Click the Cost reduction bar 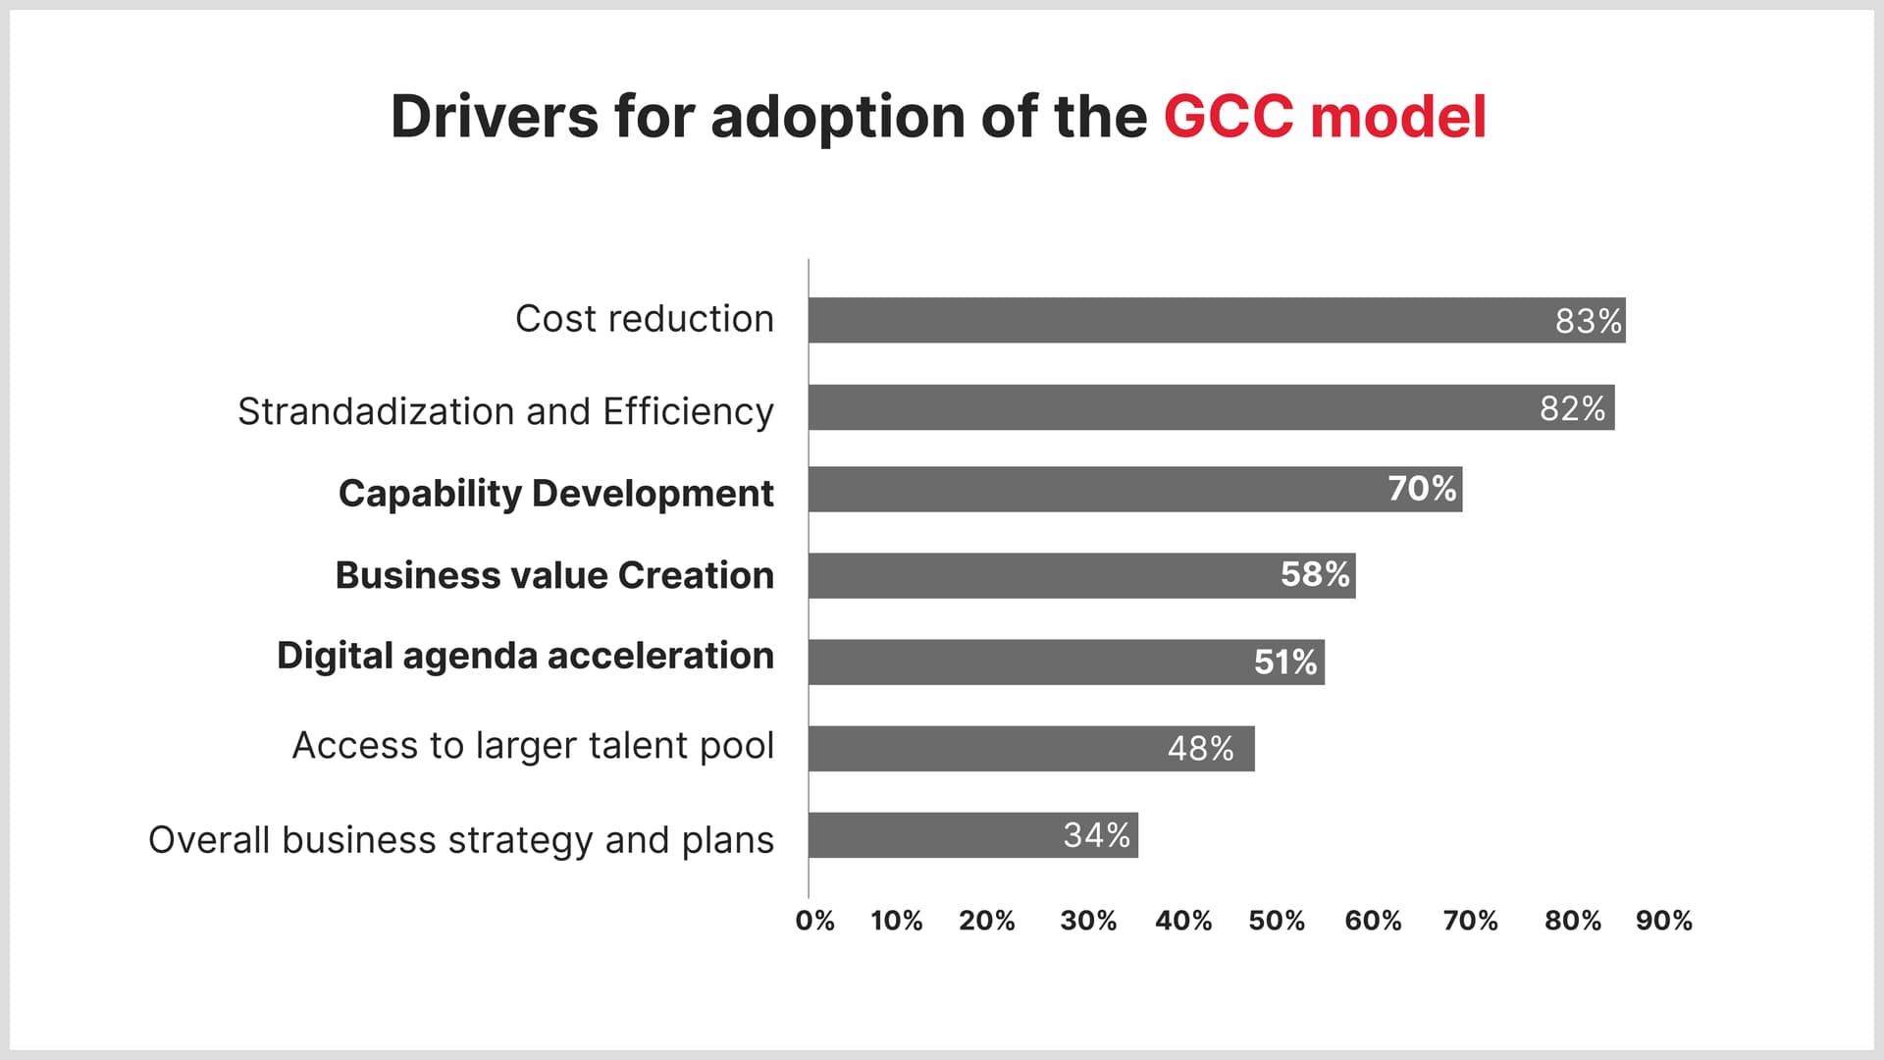pyautogui.click(x=1177, y=320)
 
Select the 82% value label pyautogui.click(x=1572, y=408)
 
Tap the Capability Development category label pyautogui.click(x=555, y=493)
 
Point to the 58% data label pyautogui.click(x=1315, y=574)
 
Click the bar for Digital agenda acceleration pyautogui.click(x=1030, y=662)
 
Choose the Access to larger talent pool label pyautogui.click(x=533, y=746)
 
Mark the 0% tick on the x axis pyautogui.click(x=814, y=921)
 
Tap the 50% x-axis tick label pyautogui.click(x=1276, y=921)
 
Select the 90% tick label pyautogui.click(x=1663, y=921)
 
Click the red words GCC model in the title pyautogui.click(x=1325, y=117)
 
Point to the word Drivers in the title pyautogui.click(x=494, y=117)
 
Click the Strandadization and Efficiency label pyautogui.click(x=505, y=411)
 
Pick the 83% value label pyautogui.click(x=1588, y=321)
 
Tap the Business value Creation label pyautogui.click(x=554, y=575)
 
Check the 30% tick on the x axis pyautogui.click(x=1087, y=921)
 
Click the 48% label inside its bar pyautogui.click(x=1200, y=749)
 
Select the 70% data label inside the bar pyautogui.click(x=1422, y=488)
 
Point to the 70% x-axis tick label pyautogui.click(x=1470, y=921)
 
